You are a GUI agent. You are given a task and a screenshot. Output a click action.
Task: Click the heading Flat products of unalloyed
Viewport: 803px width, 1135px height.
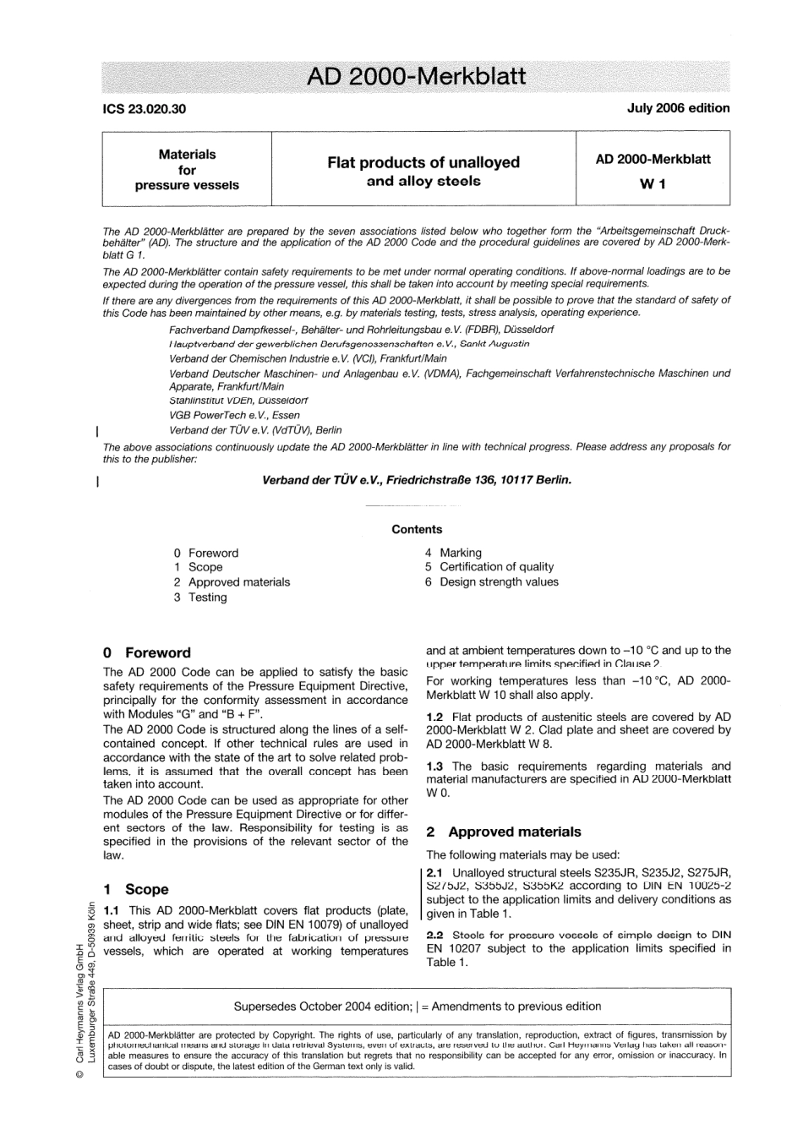click(x=423, y=162)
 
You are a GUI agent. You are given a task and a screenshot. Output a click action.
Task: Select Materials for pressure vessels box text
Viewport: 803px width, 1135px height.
click(x=187, y=170)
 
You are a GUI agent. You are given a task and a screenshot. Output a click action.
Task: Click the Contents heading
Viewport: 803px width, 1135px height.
click(x=417, y=530)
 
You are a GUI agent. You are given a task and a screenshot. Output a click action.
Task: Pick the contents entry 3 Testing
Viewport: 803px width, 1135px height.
click(x=200, y=598)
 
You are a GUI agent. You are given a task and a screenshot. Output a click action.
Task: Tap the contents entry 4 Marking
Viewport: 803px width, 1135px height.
click(x=453, y=553)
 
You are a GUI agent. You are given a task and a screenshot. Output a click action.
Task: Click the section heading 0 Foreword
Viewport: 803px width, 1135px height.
click(x=147, y=653)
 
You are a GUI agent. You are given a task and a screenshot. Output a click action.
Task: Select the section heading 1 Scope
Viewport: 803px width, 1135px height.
click(x=136, y=890)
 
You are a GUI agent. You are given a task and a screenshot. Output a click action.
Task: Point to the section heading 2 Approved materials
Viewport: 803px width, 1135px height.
click(x=504, y=832)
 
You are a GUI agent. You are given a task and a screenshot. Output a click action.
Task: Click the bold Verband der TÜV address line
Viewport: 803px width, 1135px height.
click(x=417, y=480)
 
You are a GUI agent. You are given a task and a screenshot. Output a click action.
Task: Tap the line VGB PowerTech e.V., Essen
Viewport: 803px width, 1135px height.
click(x=234, y=416)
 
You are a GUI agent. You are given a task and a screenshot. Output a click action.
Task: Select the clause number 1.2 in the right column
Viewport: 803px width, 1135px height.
click(x=435, y=717)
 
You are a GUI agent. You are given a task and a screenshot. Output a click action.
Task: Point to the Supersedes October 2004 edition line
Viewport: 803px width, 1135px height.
click(x=417, y=1007)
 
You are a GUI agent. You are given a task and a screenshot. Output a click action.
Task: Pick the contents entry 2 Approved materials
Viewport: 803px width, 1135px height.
click(x=232, y=582)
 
